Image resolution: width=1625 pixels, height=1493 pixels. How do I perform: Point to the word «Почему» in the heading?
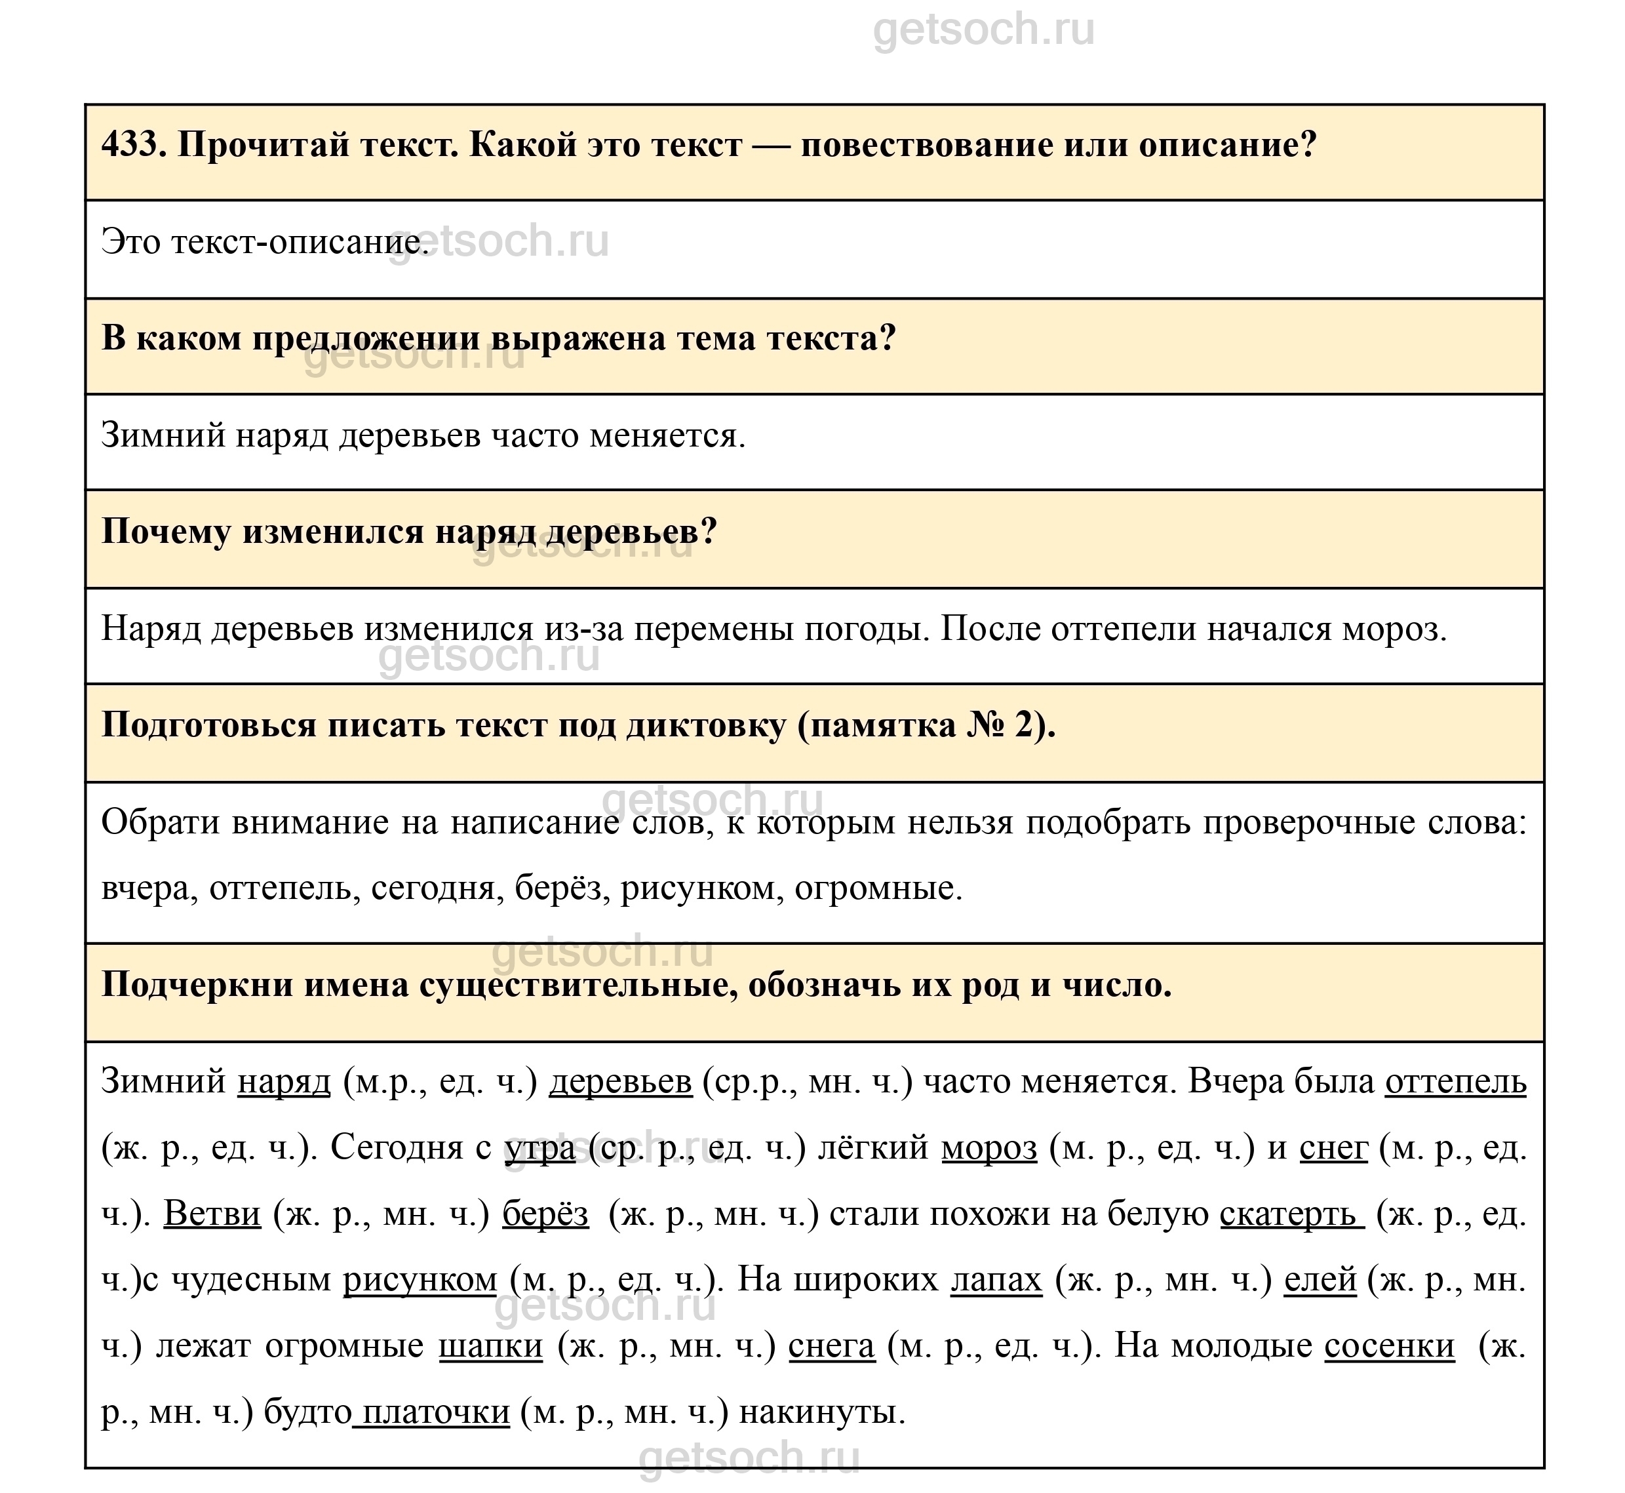[x=166, y=532]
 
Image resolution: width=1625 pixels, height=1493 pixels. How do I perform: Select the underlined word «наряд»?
[x=283, y=1081]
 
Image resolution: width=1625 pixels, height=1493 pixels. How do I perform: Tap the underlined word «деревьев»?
[x=620, y=1081]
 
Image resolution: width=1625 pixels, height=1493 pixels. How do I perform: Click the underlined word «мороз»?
[x=989, y=1147]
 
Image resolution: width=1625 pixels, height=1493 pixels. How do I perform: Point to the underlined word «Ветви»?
[x=212, y=1214]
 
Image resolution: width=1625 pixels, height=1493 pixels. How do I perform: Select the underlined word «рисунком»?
[x=420, y=1280]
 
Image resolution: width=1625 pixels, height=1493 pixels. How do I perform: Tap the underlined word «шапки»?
[x=491, y=1346]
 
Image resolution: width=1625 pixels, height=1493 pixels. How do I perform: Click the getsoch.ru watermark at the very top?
[x=984, y=31]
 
